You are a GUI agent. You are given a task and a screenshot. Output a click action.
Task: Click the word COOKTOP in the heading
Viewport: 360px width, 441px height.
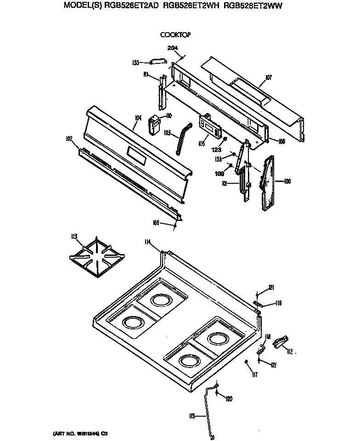[175, 34]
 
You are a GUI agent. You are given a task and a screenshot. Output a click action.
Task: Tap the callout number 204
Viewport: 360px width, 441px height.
[173, 48]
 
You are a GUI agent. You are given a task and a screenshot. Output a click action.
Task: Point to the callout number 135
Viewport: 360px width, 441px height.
[135, 62]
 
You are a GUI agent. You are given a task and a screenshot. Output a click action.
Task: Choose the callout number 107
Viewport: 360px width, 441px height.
[269, 78]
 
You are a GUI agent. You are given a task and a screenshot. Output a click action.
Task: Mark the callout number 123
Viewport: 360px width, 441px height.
[217, 150]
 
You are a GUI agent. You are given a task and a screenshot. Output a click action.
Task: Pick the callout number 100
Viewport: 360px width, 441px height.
[287, 181]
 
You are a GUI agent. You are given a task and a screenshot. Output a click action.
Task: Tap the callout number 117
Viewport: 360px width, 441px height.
[255, 374]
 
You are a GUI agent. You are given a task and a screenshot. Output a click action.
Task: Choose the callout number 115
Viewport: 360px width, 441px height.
[192, 416]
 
